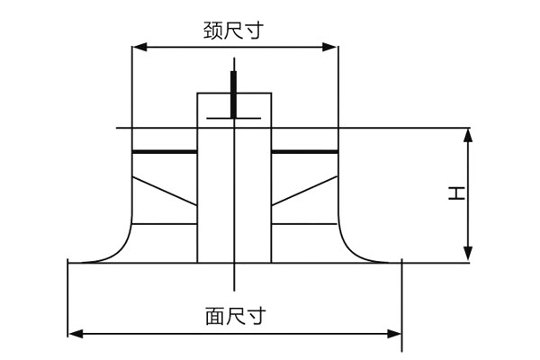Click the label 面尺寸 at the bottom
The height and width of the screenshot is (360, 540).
(x=234, y=317)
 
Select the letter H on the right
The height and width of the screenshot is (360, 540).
(x=458, y=193)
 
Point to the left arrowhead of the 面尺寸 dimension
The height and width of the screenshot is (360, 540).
(x=75, y=334)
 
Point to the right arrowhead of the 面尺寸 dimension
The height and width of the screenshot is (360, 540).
(x=395, y=334)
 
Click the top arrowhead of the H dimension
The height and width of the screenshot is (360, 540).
(x=468, y=134)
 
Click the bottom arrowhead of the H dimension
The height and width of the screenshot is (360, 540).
(x=468, y=256)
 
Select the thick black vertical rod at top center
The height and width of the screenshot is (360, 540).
(x=234, y=94)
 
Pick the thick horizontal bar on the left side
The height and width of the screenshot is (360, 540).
(x=165, y=152)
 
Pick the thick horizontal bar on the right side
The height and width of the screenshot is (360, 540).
(x=304, y=152)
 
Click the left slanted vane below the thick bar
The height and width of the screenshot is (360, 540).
(x=165, y=190)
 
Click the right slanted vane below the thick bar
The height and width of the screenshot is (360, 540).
(x=304, y=190)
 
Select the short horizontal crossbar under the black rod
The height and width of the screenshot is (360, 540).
(x=234, y=118)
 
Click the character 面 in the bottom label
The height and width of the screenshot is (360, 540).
(x=213, y=317)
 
